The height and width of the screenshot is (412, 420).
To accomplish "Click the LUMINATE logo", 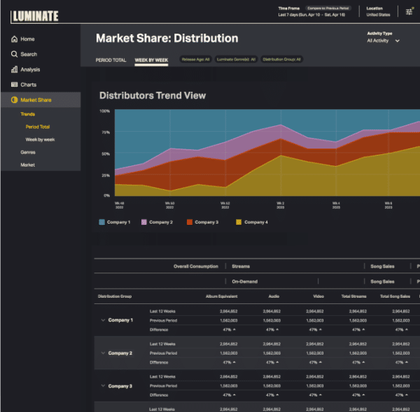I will [35, 15].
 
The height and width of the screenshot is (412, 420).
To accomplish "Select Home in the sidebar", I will [27, 39].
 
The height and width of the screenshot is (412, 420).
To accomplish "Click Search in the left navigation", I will [29, 54].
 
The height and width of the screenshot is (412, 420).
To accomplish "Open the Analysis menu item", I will [30, 69].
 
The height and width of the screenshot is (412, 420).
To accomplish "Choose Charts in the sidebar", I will [28, 85].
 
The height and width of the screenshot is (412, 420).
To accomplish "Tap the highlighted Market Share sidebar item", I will [35, 100].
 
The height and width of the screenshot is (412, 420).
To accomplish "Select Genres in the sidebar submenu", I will [28, 152].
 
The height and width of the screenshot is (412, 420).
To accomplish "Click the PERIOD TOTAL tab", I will [111, 60].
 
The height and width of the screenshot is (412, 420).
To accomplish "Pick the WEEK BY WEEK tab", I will [151, 60].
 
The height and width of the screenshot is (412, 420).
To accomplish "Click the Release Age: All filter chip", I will [195, 60].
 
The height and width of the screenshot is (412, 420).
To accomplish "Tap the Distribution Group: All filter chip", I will [282, 60].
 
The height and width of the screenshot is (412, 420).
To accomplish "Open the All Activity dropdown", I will [384, 41].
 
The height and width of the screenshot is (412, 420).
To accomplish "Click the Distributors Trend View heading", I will [153, 95].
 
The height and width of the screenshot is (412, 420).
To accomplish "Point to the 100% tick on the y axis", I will [104, 111].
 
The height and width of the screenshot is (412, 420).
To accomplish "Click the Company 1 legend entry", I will [114, 222].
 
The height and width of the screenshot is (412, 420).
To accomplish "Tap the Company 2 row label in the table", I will [120, 353].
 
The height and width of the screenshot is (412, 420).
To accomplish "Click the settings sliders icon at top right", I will [409, 11].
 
